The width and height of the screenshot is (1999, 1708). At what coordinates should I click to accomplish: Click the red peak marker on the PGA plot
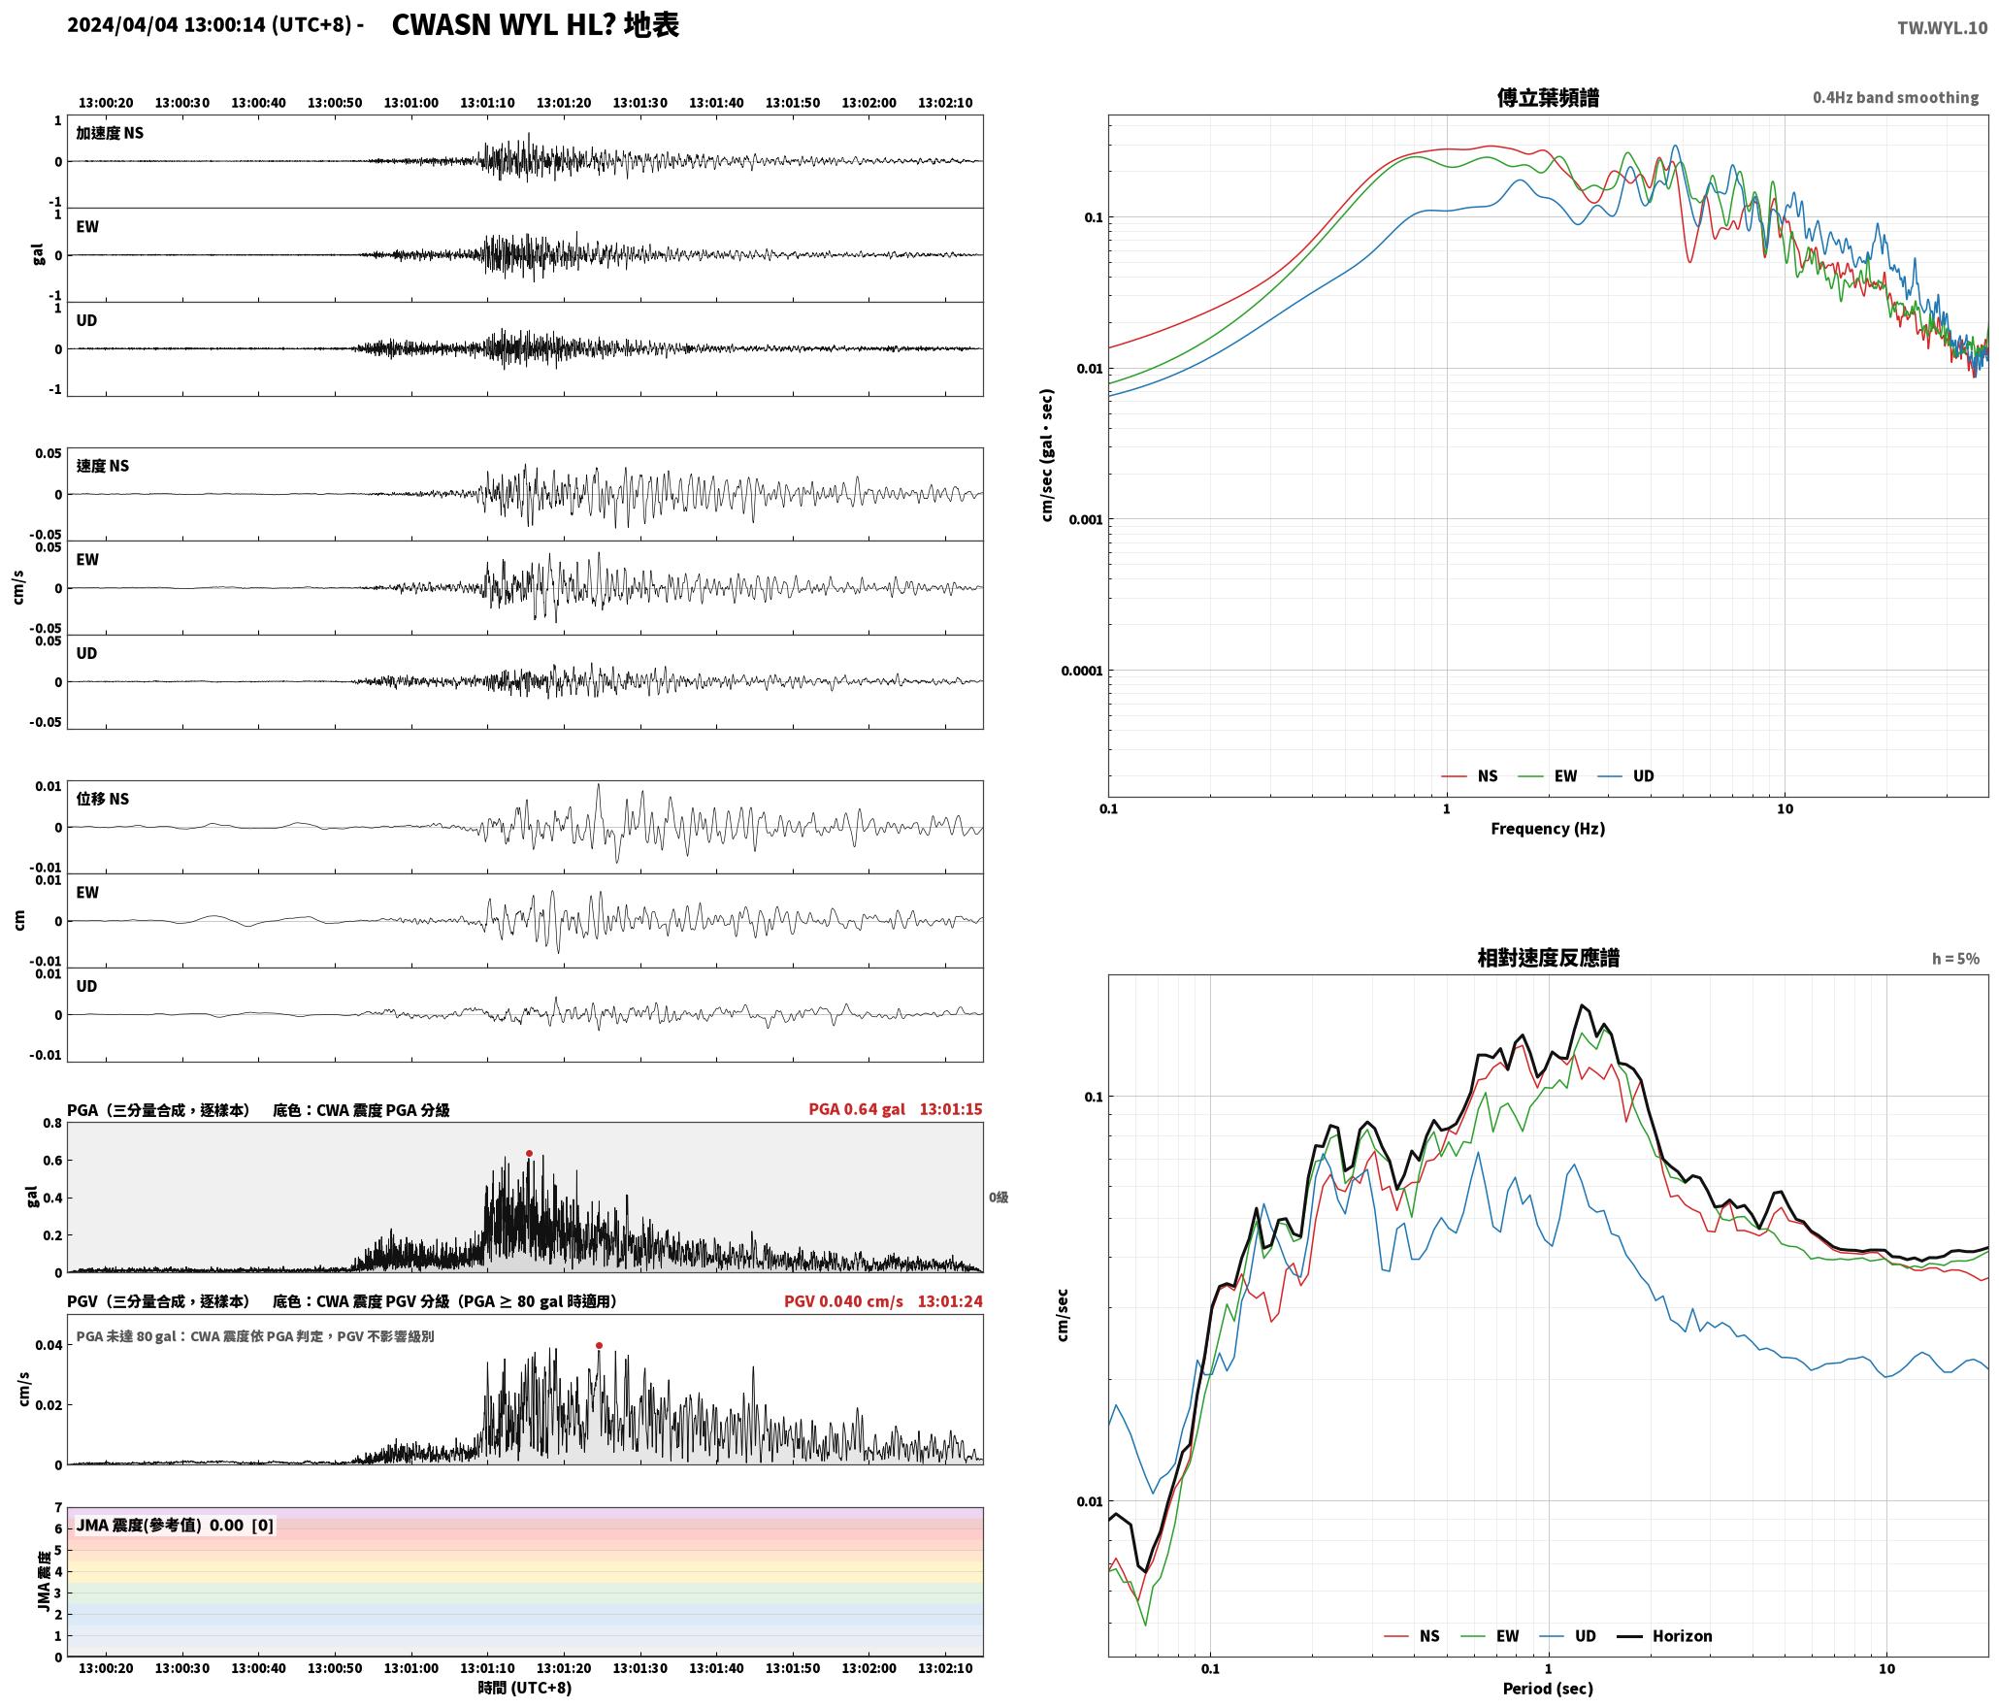tap(529, 1153)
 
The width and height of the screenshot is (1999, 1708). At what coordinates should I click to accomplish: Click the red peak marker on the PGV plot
tap(599, 1345)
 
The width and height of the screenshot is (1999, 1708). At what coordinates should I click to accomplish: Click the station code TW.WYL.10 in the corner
tap(1942, 28)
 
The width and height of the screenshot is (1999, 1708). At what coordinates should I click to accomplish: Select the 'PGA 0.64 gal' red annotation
tap(857, 1109)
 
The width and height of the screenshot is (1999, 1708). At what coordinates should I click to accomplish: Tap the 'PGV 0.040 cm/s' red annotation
tap(843, 1301)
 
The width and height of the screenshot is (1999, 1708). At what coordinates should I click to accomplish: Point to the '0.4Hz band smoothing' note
tap(1895, 97)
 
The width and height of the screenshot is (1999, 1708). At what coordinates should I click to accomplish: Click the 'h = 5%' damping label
tap(1955, 958)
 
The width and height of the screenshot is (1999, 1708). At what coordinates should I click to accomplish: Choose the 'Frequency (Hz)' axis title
tap(1548, 828)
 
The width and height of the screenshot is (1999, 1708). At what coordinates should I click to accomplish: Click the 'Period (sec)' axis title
tap(1548, 1689)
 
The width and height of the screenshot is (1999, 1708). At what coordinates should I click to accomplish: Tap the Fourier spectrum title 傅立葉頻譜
tap(1548, 97)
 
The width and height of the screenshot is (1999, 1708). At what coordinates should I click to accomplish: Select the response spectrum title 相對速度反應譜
tap(1548, 958)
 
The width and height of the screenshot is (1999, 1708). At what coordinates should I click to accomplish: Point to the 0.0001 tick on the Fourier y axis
tap(1081, 671)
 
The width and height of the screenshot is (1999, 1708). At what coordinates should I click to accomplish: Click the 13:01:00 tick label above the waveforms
tap(410, 102)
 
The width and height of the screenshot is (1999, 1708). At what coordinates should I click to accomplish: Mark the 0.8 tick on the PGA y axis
tap(52, 1124)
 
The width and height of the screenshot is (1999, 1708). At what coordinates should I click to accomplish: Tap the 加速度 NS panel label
tap(110, 133)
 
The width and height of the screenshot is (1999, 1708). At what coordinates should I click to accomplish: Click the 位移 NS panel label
tap(102, 799)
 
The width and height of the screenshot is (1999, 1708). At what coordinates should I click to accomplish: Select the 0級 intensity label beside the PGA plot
tap(999, 1198)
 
